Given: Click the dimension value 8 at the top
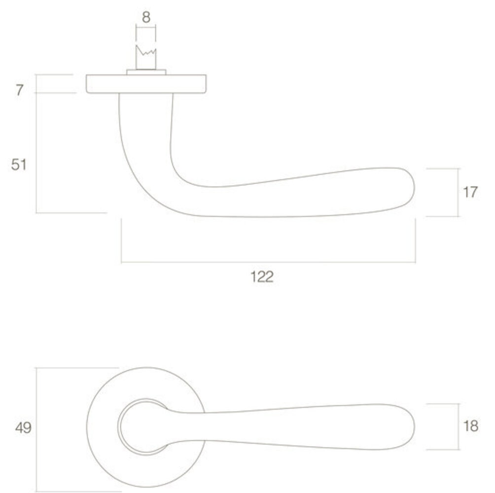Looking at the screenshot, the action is coord(146,17).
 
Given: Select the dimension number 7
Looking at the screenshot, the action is coord(20,90).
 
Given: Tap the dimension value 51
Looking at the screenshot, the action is coord(19,165).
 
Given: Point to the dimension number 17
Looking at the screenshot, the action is coord(470,192).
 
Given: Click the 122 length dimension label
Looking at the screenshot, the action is coord(262,277).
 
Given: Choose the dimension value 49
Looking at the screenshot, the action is coord(23,428).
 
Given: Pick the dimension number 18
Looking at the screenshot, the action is coord(470,426).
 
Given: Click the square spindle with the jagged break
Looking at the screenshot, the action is coord(146,58).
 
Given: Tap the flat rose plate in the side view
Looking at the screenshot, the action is coord(146,84).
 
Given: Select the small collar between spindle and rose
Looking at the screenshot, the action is coord(146,72).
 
